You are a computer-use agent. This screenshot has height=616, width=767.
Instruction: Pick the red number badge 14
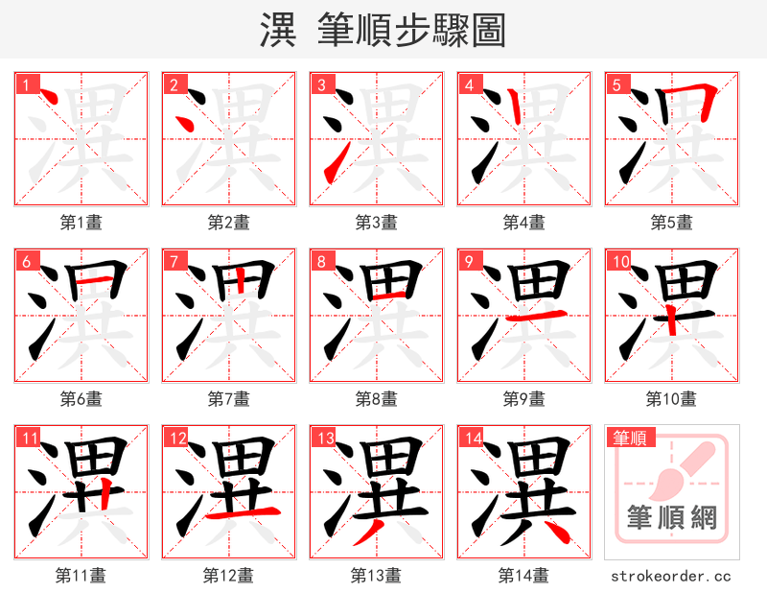click(473, 438)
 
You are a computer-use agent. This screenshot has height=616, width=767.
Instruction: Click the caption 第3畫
click(376, 222)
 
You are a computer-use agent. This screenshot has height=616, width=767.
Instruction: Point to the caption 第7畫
click(228, 398)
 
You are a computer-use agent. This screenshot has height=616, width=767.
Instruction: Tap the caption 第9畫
click(523, 398)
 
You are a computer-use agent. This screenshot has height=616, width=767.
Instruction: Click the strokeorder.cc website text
click(671, 576)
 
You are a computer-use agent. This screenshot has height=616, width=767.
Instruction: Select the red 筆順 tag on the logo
click(629, 438)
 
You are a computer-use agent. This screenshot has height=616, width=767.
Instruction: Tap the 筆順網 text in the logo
click(671, 518)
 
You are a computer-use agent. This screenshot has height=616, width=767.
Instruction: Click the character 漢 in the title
click(278, 31)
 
